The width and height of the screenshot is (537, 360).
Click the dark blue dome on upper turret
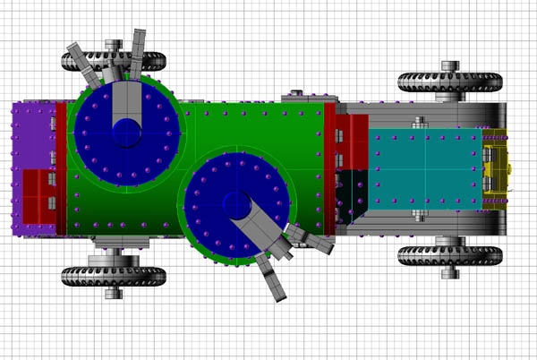click(x=126, y=132)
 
